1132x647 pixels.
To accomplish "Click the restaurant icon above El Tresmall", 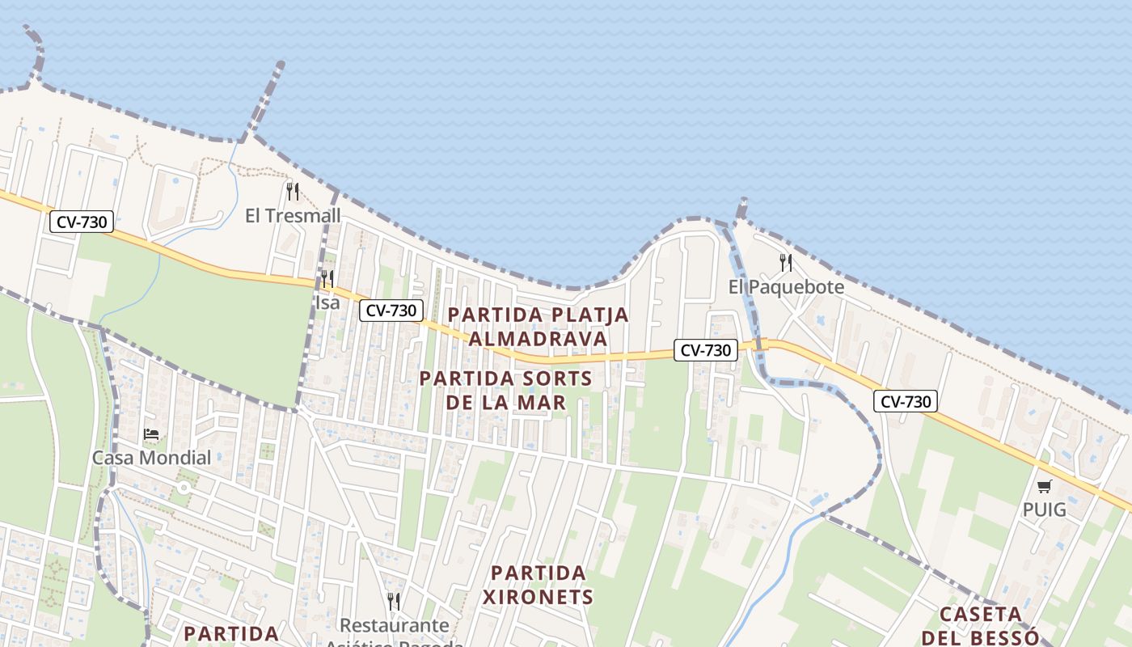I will (x=293, y=192).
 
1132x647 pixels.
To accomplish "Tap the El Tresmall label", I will (x=293, y=216).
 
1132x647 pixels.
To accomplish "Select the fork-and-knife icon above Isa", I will (x=327, y=280).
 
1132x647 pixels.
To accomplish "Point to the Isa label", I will (x=327, y=303).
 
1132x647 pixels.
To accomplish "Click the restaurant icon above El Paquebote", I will (x=785, y=262).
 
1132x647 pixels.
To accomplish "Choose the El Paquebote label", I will (x=786, y=287).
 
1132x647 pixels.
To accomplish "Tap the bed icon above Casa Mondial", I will (x=151, y=434).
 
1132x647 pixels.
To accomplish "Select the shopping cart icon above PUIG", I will (x=1045, y=486).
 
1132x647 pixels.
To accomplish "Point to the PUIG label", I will (x=1045, y=510).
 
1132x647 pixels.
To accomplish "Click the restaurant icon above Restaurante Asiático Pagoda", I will (x=394, y=602).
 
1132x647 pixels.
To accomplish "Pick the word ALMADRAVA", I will (x=538, y=339).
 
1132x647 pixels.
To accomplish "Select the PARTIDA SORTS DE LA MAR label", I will (x=505, y=390).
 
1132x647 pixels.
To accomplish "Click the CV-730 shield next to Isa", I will (x=391, y=310).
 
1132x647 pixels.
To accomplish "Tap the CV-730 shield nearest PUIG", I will (x=906, y=401).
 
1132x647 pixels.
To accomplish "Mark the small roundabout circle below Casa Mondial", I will (x=184, y=488).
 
